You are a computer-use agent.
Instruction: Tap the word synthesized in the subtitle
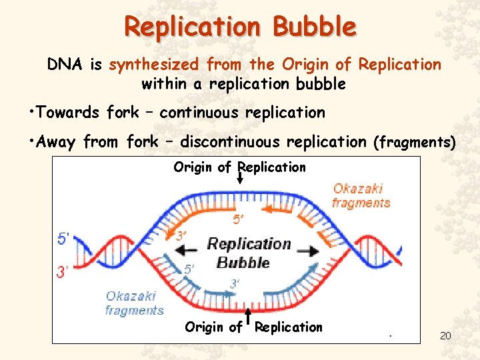[154, 65]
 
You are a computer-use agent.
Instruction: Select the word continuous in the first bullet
[199, 113]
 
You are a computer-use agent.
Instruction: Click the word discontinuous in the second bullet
[230, 142]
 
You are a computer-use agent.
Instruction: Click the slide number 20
[445, 335]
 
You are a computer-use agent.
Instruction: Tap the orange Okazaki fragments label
[361, 195]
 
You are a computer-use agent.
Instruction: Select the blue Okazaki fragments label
[134, 303]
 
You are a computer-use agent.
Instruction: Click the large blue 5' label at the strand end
[63, 238]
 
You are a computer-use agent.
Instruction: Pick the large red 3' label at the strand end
[63, 271]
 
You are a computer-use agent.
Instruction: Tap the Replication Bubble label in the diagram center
[247, 252]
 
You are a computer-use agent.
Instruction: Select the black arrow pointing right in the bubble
[309, 251]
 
